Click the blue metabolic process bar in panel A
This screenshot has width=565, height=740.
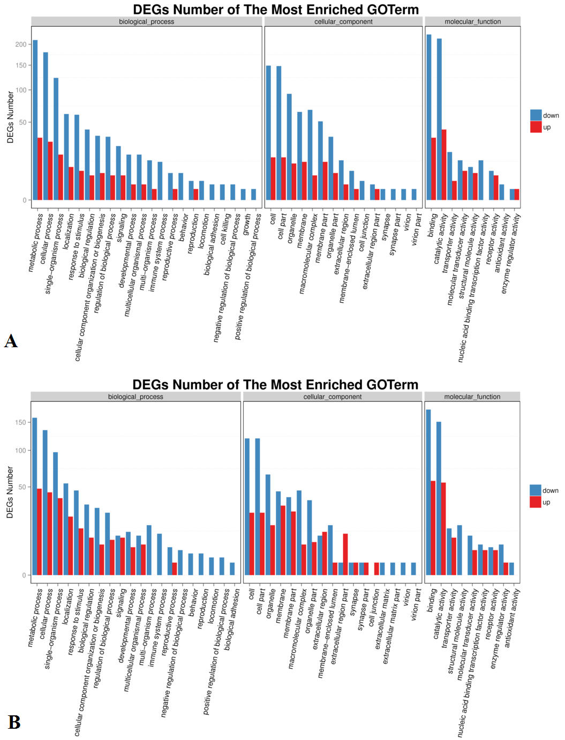point(35,120)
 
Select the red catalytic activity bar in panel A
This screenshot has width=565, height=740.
point(444,165)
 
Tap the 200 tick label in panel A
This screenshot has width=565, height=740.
point(21,44)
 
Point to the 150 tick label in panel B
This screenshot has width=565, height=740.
point(20,422)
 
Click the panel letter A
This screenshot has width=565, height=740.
point(11,341)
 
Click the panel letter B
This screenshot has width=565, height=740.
point(14,722)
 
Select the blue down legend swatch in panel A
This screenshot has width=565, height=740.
point(536,115)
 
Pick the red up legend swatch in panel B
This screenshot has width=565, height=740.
point(535,502)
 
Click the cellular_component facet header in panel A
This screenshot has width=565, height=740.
point(343,21)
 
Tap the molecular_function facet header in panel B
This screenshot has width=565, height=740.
point(472,397)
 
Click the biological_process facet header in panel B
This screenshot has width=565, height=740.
point(136,397)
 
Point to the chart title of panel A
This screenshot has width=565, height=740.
point(276,10)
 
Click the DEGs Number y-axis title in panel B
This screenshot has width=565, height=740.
point(10,492)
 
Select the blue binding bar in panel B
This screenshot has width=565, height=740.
point(428,492)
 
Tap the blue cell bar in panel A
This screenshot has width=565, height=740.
point(268,133)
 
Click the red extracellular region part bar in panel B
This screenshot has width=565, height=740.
point(345,554)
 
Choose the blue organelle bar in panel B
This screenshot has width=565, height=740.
point(268,525)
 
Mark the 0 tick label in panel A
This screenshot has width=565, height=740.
point(25,200)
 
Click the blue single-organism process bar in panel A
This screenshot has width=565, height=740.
point(56,139)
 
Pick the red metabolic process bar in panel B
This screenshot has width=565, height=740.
point(40,532)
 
